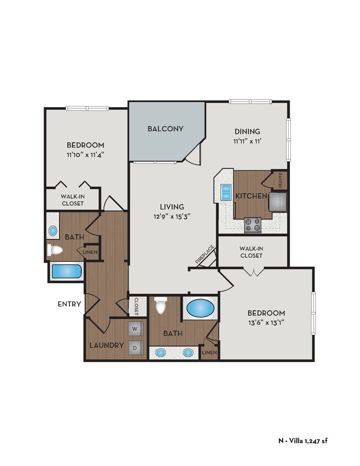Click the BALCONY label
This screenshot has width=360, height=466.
[x=165, y=129]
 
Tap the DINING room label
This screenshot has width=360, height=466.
[x=247, y=131]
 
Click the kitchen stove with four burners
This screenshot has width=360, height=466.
[x=253, y=224]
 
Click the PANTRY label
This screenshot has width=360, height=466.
[x=280, y=181]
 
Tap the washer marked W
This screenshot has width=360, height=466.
[x=135, y=329]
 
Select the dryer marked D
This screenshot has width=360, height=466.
[x=135, y=348]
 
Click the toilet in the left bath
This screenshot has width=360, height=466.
[x=55, y=251]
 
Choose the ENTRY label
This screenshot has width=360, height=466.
[x=70, y=304]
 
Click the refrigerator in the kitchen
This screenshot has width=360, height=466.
[x=278, y=203]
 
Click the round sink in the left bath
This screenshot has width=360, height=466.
[x=54, y=230]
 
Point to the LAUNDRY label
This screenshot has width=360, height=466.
[x=106, y=345]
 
